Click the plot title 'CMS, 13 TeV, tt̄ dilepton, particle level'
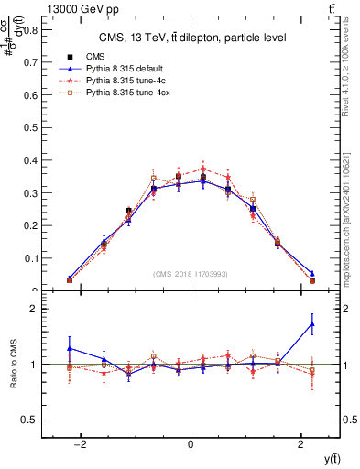pos(191,38)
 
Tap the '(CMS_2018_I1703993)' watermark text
pos(191,273)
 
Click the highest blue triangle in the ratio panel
pos(312,323)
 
